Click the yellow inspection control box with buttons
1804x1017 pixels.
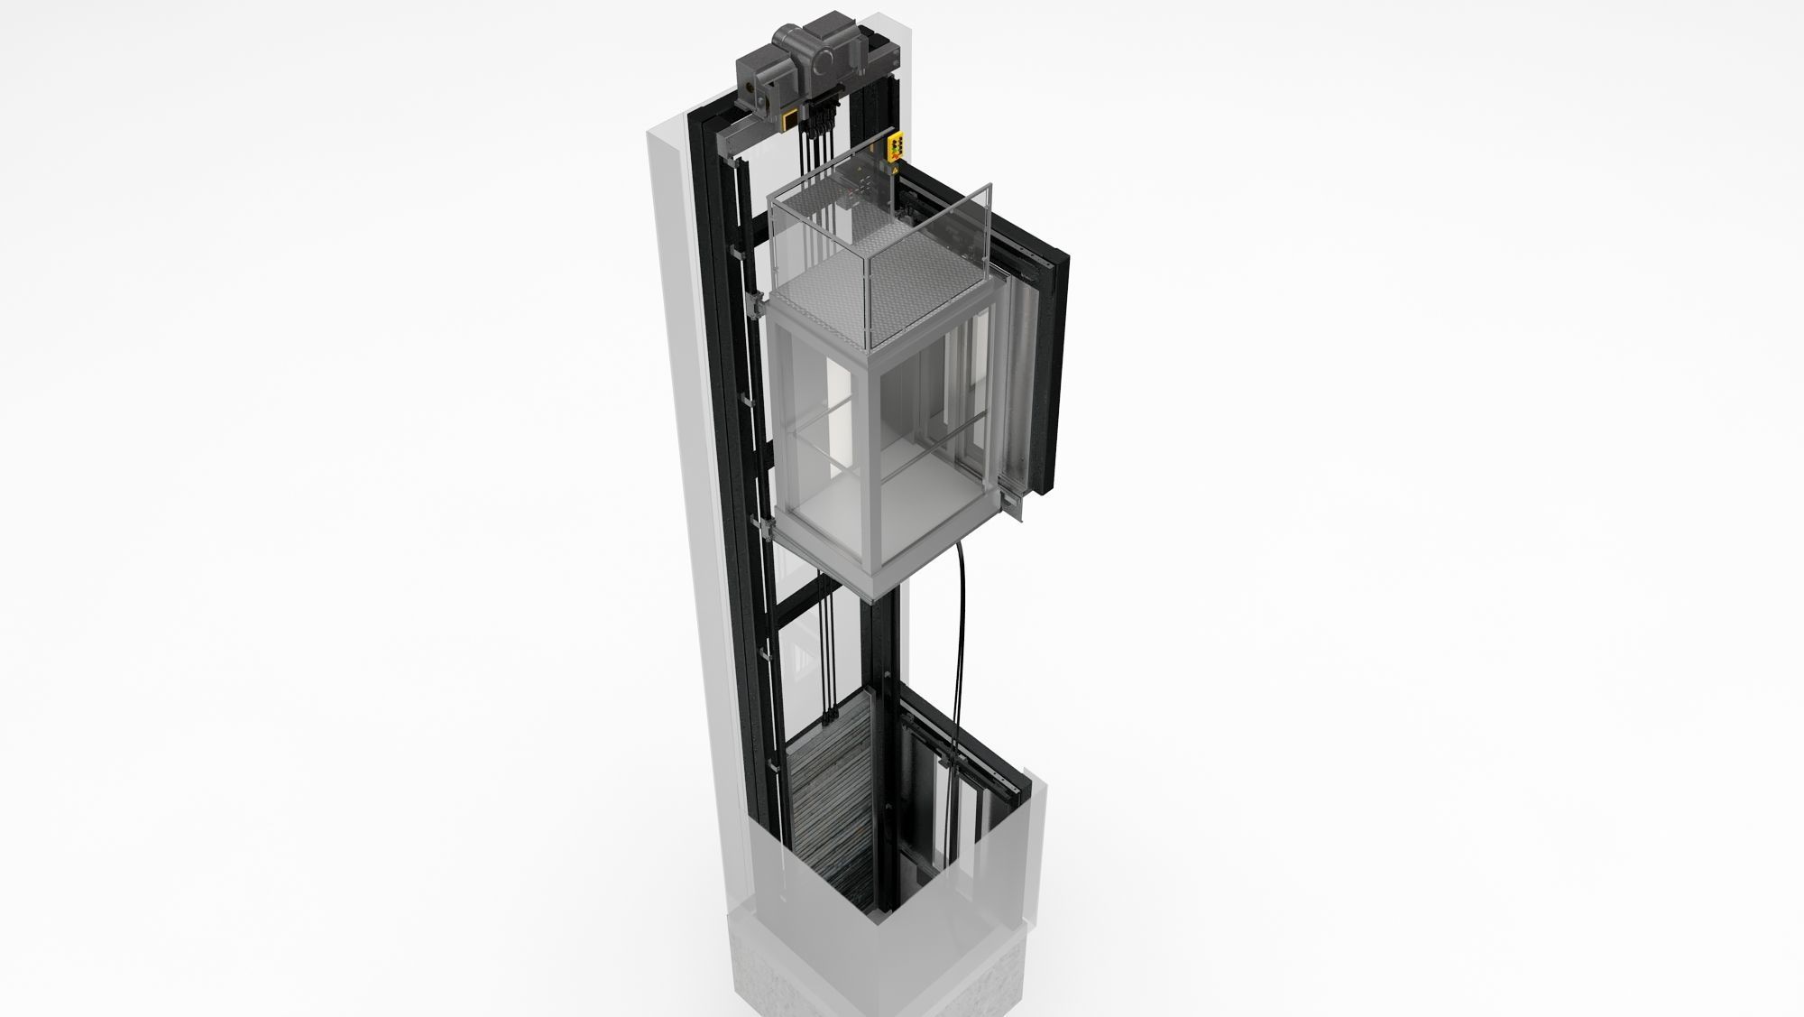(x=898, y=148)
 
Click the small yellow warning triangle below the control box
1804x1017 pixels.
(x=895, y=169)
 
